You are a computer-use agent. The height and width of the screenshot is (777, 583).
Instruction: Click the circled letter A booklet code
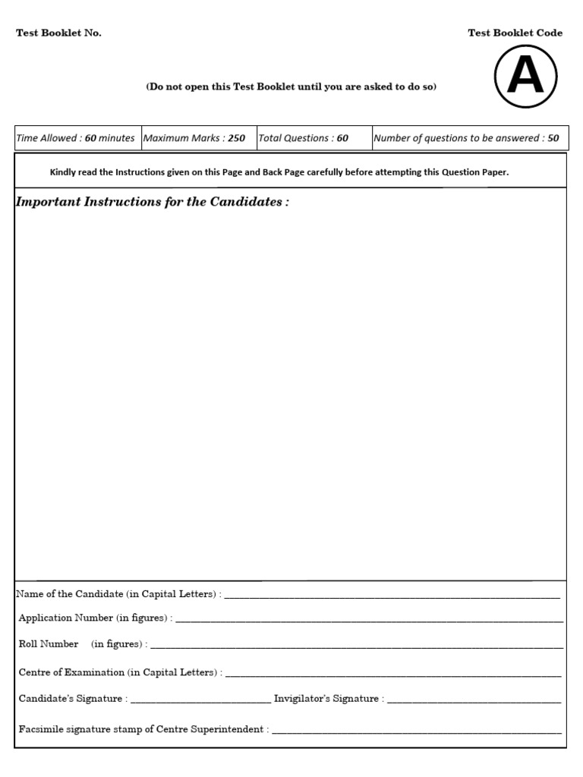[525, 76]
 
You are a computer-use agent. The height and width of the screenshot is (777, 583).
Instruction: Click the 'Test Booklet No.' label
[58, 33]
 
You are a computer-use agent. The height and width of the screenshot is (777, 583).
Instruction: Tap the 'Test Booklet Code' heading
[515, 33]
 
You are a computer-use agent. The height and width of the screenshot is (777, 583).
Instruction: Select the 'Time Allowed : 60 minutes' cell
[75, 138]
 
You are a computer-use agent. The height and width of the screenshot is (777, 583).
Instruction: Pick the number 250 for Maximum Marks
[236, 138]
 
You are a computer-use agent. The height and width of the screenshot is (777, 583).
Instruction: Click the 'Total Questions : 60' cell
[304, 138]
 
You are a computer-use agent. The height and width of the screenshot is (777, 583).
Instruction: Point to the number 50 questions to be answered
[553, 138]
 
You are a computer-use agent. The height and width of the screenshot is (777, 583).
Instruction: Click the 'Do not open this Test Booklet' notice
[291, 87]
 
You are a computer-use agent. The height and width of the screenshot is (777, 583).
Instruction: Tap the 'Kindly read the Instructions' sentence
[279, 172]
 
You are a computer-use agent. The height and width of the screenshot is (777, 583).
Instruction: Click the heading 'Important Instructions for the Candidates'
[152, 203]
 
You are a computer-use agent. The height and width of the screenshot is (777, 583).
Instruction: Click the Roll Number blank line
[357, 646]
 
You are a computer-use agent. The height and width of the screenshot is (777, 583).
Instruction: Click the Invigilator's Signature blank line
[474, 701]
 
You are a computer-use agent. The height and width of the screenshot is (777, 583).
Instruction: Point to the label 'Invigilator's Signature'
[327, 698]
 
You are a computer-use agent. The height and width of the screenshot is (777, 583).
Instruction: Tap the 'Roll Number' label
[49, 643]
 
